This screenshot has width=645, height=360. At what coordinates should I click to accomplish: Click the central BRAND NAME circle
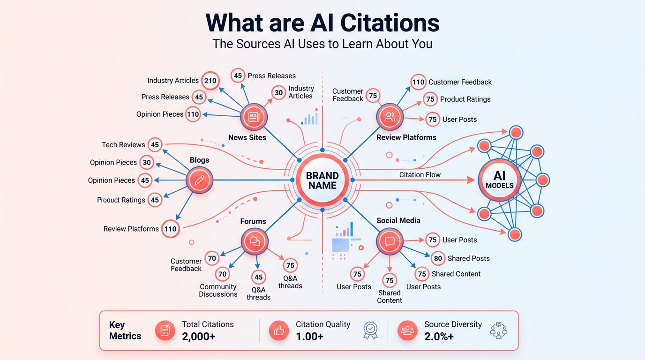tap(322, 180)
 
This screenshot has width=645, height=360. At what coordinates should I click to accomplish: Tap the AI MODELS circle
tap(499, 180)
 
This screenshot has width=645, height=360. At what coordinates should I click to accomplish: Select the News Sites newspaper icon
tap(254, 117)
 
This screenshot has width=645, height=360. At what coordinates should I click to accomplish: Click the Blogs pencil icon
tap(199, 180)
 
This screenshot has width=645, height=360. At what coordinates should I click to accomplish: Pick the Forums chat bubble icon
tap(255, 242)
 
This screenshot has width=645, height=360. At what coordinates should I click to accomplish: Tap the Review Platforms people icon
tap(390, 117)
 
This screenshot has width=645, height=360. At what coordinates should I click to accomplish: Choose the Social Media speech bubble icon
tap(390, 242)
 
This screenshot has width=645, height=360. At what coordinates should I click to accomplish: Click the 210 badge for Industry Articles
tap(210, 81)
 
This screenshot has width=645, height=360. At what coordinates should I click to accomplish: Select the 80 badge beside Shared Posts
tap(438, 258)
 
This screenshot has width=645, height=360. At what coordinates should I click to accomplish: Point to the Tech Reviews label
tap(123, 145)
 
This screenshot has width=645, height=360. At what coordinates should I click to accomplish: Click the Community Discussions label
tap(218, 291)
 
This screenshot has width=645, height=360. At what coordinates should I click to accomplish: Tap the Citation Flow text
tap(420, 175)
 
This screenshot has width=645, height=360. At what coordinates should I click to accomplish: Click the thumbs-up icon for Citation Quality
tap(279, 331)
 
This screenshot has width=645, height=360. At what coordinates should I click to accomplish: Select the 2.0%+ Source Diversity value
tap(439, 336)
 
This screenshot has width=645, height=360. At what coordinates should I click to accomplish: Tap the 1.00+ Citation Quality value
tap(309, 336)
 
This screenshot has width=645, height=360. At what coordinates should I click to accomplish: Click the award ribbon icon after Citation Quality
tap(370, 330)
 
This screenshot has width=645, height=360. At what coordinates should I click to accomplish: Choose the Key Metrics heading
tap(125, 330)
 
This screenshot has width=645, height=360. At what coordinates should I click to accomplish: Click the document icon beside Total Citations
tap(165, 331)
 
